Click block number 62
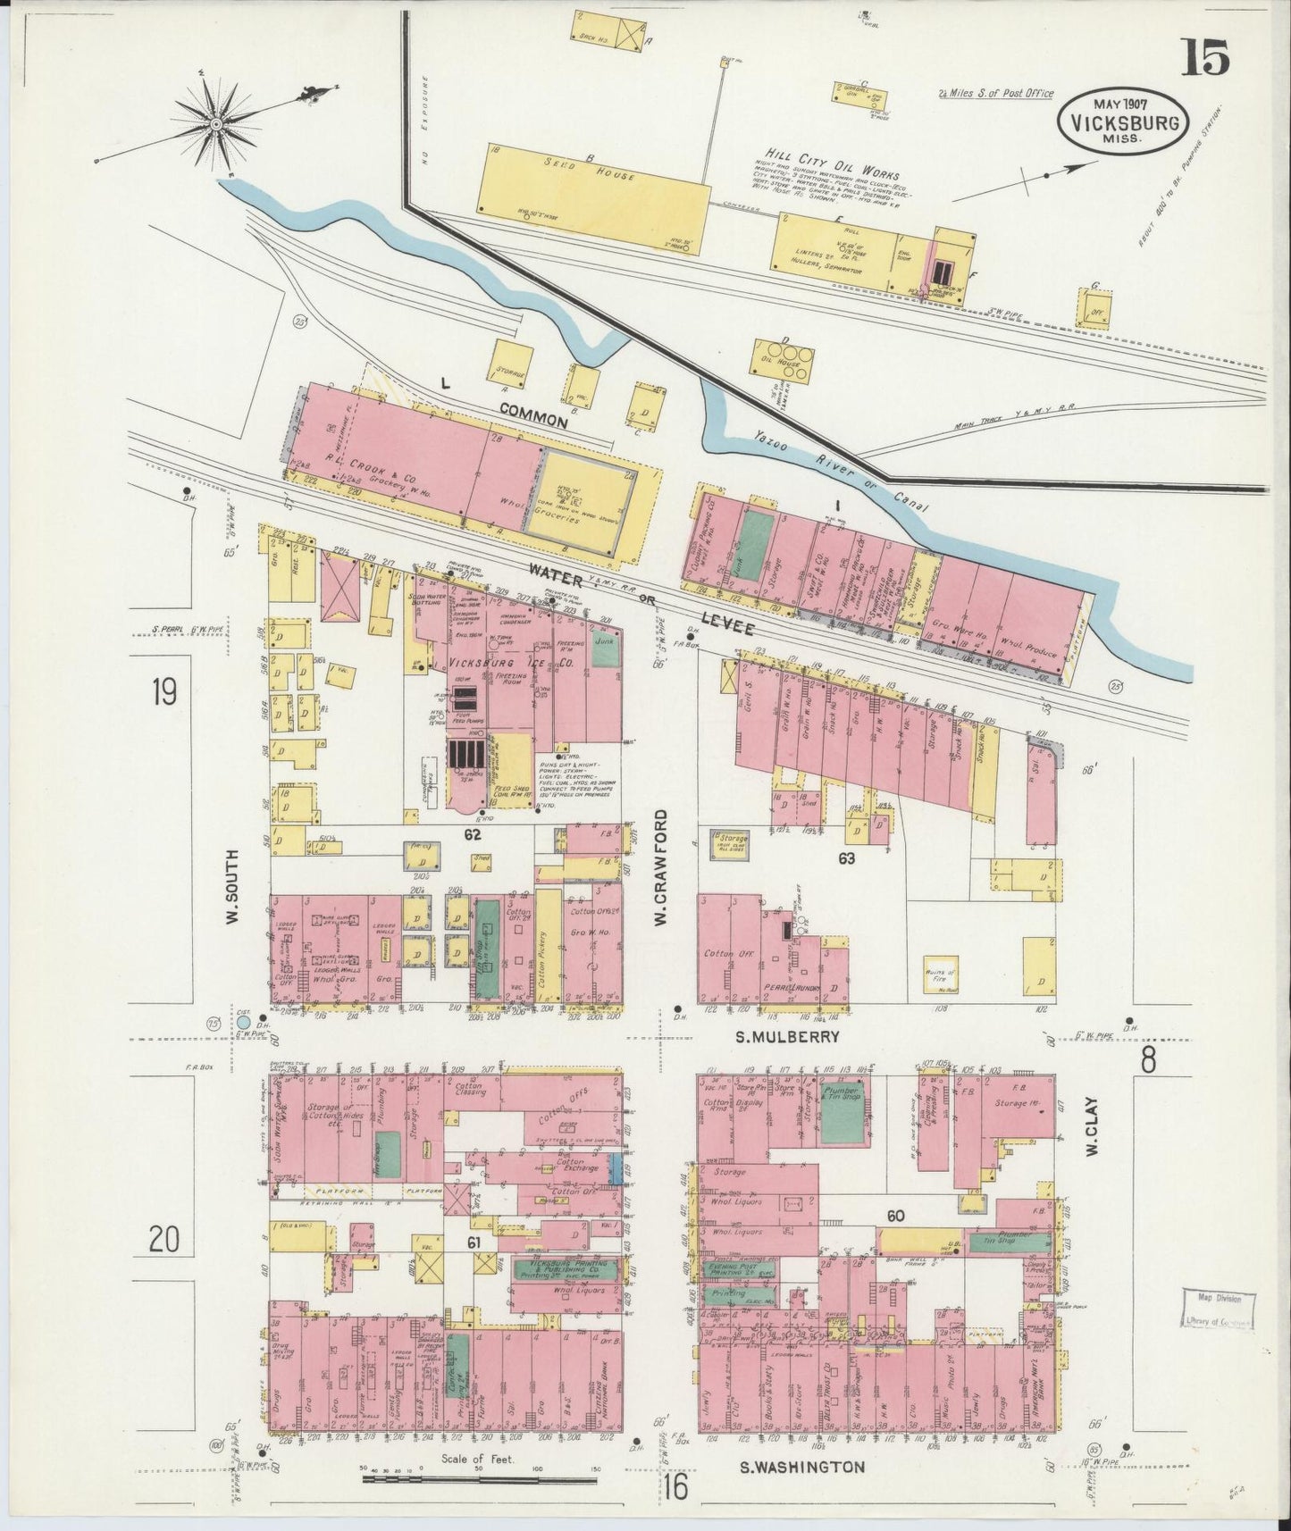coord(473,835)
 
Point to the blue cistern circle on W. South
coord(242,1021)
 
